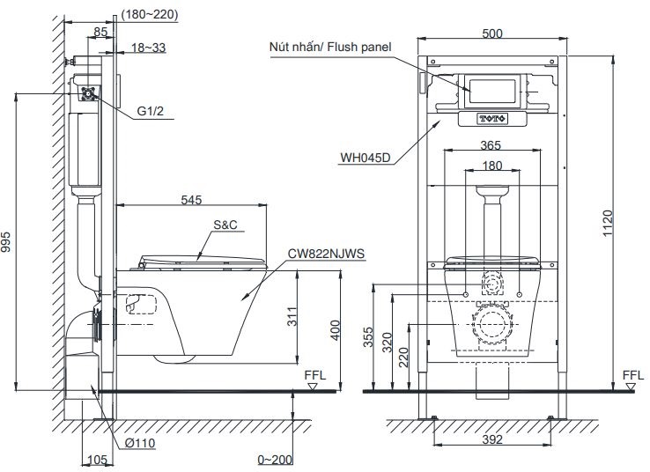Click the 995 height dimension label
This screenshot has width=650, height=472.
9,247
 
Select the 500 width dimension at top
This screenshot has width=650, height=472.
492,33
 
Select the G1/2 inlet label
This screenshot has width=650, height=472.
151,112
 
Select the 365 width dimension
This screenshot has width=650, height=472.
492,147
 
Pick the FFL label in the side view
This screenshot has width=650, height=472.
314,374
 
